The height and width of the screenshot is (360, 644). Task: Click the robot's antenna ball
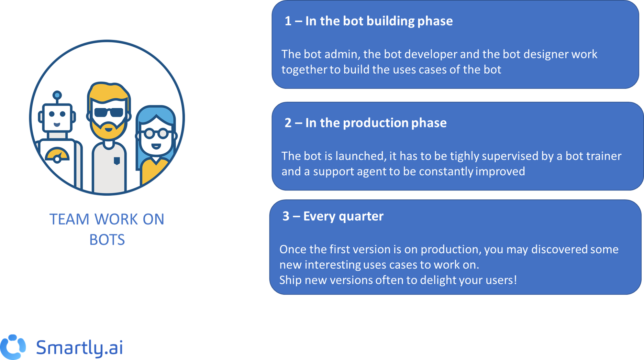pyautogui.click(x=57, y=95)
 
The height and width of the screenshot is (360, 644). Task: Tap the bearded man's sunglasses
pyautogui.click(x=109, y=112)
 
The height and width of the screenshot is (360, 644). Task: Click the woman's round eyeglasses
pyautogui.click(x=157, y=133)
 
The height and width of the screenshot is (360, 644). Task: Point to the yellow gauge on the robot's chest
pyautogui.click(x=57, y=155)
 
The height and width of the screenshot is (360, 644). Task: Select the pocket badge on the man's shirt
pyautogui.click(x=117, y=161)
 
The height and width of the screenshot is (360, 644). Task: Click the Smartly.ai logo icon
pyautogui.click(x=13, y=347)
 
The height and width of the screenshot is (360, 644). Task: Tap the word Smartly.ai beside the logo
pyautogui.click(x=79, y=347)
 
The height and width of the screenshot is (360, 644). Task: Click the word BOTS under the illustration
pyautogui.click(x=107, y=240)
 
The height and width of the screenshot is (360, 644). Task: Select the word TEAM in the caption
pyautogui.click(x=69, y=219)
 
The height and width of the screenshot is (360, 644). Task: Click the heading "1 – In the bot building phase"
pyautogui.click(x=368, y=21)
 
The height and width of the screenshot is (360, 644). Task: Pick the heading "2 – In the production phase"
pyautogui.click(x=365, y=123)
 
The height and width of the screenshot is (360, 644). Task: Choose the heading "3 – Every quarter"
pyautogui.click(x=333, y=216)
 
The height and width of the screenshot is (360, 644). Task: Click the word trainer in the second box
pyautogui.click(x=604, y=156)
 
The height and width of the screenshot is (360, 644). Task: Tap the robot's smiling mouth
pyautogui.click(x=57, y=124)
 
